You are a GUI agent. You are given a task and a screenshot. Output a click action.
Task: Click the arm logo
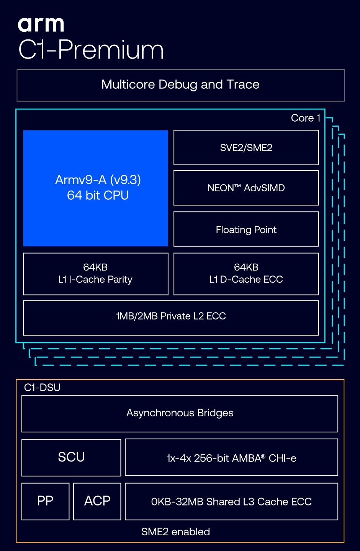click(x=41, y=24)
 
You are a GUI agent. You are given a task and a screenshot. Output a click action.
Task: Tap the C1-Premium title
click(x=91, y=50)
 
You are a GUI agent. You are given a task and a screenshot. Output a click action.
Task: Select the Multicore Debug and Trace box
click(x=180, y=85)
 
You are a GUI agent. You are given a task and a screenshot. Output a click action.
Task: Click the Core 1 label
click(x=306, y=118)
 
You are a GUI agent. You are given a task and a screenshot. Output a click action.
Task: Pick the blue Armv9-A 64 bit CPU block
click(x=95, y=188)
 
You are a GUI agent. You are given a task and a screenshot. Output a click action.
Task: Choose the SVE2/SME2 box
click(x=246, y=148)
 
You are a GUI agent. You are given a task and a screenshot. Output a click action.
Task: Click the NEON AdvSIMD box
click(x=246, y=188)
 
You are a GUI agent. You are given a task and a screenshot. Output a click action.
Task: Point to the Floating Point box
click(x=246, y=229)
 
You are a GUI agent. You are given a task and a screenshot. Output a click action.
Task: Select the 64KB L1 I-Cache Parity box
click(x=95, y=274)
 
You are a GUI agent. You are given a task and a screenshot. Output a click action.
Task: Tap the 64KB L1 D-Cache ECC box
click(x=246, y=274)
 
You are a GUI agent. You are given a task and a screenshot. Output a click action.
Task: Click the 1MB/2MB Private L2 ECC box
click(x=171, y=318)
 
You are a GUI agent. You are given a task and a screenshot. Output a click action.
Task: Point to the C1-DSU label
click(x=42, y=387)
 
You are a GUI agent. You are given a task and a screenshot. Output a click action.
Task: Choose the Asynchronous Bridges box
click(x=180, y=414)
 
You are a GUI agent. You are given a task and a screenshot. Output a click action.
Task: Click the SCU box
click(x=71, y=457)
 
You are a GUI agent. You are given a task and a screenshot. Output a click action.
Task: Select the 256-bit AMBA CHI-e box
click(x=231, y=457)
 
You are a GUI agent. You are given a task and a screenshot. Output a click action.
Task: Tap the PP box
click(x=45, y=501)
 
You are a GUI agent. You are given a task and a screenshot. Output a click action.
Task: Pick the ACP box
click(x=97, y=501)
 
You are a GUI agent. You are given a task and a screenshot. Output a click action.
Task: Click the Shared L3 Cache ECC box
click(x=231, y=501)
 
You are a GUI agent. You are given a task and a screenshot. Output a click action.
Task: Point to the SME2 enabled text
click(x=175, y=532)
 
